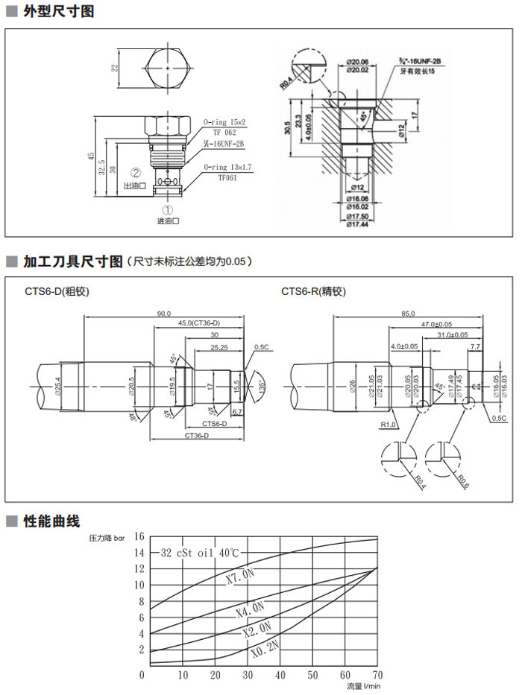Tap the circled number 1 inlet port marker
[x=168, y=210]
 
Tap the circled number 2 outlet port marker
[x=136, y=173]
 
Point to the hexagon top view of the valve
[x=168, y=68]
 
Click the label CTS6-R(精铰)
[x=311, y=291]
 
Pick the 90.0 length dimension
[x=164, y=314]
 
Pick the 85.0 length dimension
[x=407, y=314]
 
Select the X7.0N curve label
[x=240, y=577]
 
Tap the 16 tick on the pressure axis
[x=139, y=536]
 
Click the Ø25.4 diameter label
[x=59, y=384]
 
